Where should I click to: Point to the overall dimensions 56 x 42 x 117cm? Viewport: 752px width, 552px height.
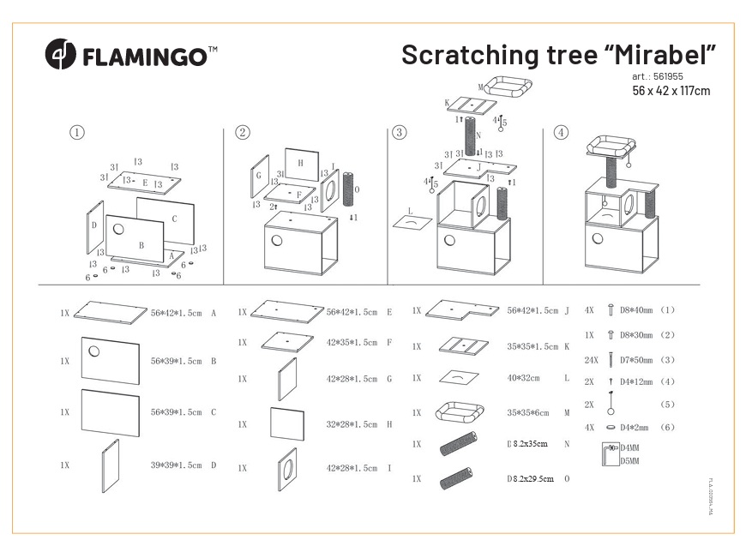tap(671, 91)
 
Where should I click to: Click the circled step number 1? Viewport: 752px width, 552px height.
tap(78, 133)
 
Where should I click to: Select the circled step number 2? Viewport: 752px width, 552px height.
tap(243, 133)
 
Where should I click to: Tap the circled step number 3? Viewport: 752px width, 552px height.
tap(400, 133)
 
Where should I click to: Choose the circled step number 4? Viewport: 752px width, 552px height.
tap(561, 133)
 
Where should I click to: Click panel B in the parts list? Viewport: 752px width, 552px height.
tap(110, 360)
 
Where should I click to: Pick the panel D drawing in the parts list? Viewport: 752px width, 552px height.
tap(110, 464)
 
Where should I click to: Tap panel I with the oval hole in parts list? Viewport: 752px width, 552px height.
tap(287, 468)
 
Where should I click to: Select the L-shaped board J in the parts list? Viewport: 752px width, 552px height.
tap(462, 309)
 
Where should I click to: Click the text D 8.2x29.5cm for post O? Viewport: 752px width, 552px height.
tap(530, 478)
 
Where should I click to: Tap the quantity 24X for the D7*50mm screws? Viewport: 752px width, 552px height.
tap(590, 361)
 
